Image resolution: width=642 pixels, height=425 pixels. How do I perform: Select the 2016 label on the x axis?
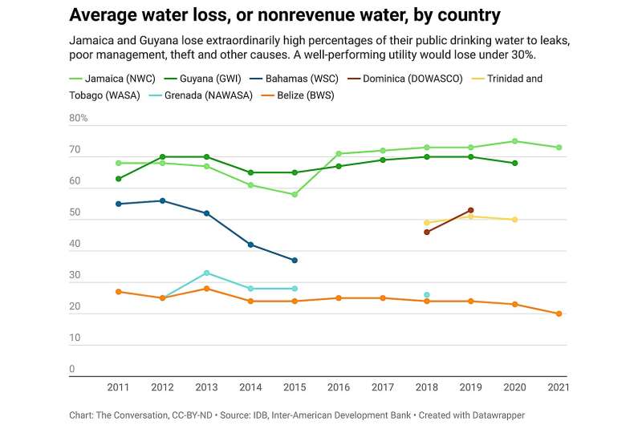(338, 387)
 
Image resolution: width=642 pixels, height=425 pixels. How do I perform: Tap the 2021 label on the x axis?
(557, 387)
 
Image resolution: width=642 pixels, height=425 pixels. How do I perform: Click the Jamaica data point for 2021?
(558, 148)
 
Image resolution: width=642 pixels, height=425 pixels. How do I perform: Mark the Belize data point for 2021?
(558, 314)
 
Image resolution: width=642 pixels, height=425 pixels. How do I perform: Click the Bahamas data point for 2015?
(295, 261)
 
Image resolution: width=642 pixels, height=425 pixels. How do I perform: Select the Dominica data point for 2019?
(470, 210)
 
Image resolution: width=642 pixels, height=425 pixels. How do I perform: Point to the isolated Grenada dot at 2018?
(426, 295)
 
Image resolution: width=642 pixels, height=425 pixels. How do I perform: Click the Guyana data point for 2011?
(119, 179)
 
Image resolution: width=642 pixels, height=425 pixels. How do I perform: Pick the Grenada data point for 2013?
(206, 273)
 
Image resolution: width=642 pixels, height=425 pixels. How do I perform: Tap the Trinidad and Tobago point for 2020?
(514, 220)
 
